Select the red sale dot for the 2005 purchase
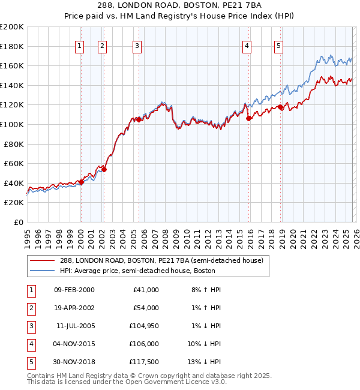pos(139,119)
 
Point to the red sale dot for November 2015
pos(248,118)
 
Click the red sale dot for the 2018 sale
pos(281,107)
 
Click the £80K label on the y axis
pos(14,144)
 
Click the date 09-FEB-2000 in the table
pos(74,290)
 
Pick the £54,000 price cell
pos(145,308)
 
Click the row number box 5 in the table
pos(30,362)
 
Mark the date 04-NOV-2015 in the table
pos(74,344)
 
